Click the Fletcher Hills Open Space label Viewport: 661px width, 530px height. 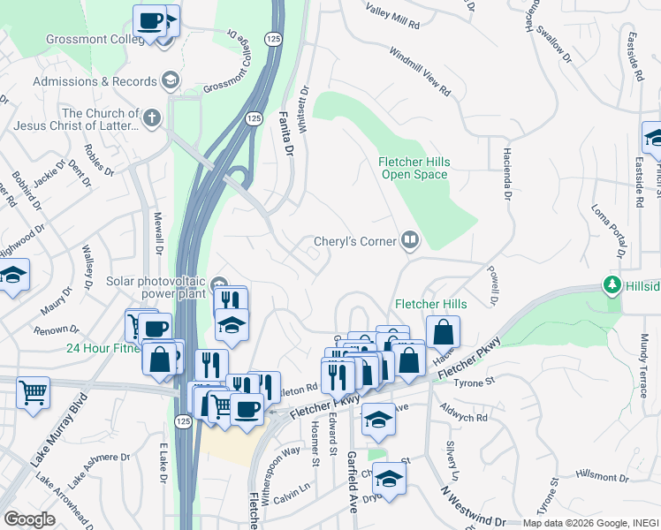[x=414, y=168]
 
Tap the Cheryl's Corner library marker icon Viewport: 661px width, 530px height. [x=409, y=239]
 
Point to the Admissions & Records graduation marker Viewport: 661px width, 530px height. [x=170, y=81]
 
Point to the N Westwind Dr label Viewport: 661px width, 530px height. [x=481, y=507]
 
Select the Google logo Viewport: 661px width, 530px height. [x=30, y=519]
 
